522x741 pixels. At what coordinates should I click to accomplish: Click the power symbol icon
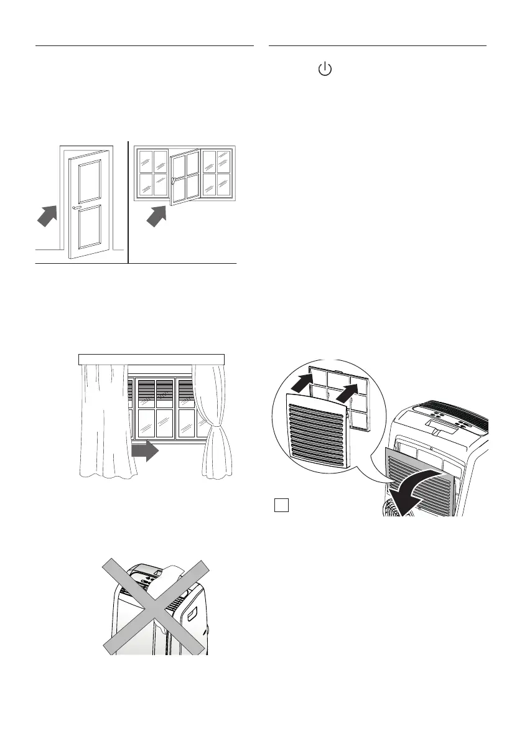[324, 70]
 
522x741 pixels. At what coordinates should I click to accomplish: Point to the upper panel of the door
[91, 179]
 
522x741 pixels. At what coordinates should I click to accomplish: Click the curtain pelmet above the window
[151, 358]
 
